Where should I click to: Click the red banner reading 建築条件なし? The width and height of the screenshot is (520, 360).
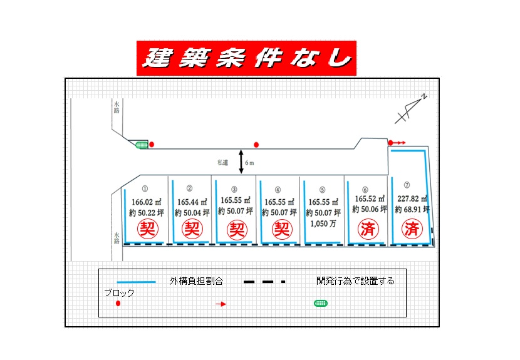tap(246, 58)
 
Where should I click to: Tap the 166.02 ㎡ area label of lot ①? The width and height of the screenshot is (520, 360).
tap(146, 202)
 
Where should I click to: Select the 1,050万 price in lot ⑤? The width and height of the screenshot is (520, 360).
tap(323, 224)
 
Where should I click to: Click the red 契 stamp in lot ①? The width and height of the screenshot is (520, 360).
tap(148, 229)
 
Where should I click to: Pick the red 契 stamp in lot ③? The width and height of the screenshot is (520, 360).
tap(237, 230)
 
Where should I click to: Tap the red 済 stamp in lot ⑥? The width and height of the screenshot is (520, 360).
tap(368, 229)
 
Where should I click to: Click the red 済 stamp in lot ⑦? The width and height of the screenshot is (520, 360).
tap(412, 229)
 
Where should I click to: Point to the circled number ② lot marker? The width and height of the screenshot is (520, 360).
tap(189, 188)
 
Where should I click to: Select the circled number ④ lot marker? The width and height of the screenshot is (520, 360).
tap(278, 190)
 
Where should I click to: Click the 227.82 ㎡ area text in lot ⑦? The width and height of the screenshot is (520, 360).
tap(412, 198)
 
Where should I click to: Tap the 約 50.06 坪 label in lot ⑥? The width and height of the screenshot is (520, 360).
tap(370, 209)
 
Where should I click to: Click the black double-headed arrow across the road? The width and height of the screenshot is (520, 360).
tap(241, 162)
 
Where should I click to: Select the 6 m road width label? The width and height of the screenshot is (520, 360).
tap(249, 163)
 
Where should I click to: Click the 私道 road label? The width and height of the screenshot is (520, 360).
tap(223, 162)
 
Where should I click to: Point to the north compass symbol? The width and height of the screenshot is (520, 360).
tap(410, 109)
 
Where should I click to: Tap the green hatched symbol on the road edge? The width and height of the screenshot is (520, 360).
tap(142, 145)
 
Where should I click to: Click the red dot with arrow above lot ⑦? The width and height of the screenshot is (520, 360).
tap(397, 143)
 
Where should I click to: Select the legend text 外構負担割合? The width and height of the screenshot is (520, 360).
tap(196, 281)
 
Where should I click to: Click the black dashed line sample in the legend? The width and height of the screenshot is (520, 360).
tap(264, 282)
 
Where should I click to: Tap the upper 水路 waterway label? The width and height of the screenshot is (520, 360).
tap(117, 107)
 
